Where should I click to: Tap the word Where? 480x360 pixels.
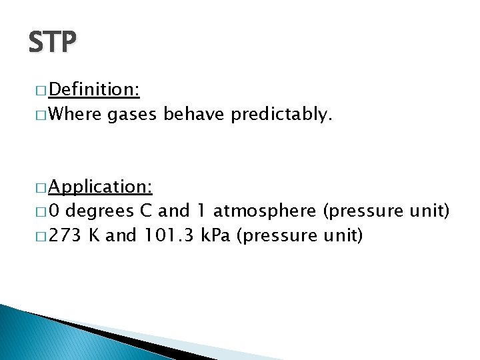coord(75,115)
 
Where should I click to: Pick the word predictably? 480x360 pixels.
coord(280,115)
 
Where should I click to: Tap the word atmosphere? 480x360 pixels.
coord(265,212)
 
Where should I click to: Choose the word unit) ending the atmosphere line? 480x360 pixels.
coord(432,212)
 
